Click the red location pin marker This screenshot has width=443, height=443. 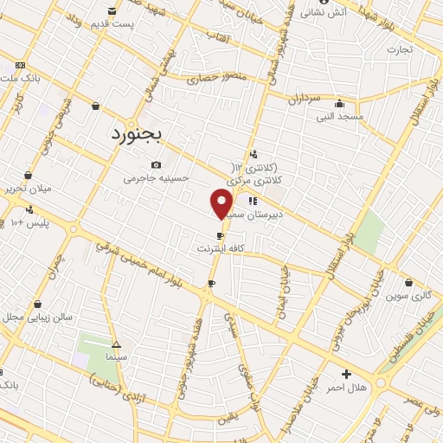221,204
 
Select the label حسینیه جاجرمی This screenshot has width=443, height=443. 149,178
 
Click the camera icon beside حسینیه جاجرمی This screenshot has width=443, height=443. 156,164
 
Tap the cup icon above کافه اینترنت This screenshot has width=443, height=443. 221,235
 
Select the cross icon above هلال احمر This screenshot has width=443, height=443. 347,374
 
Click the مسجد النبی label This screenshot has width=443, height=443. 339,115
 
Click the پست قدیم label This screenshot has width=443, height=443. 115,23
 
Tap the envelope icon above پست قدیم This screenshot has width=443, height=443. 112,10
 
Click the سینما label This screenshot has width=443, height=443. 116,356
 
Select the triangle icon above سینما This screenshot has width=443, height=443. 116,343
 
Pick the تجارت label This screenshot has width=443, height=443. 401,49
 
